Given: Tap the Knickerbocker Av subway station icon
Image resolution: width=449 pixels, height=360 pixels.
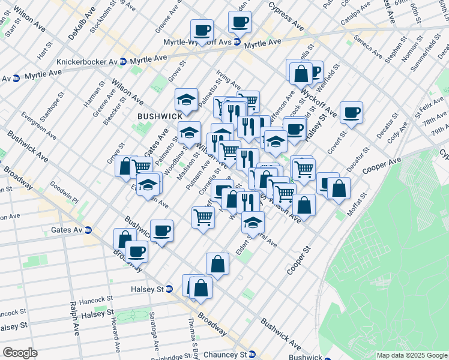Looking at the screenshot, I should [x=123, y=62].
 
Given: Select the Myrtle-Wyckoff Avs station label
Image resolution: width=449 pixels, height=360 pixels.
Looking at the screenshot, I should [x=197, y=42].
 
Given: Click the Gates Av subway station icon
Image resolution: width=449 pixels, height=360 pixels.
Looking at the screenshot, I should [x=88, y=230].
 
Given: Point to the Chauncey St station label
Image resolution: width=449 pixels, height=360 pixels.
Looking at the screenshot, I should [x=225, y=354].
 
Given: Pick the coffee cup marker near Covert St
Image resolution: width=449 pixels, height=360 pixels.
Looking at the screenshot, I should [x=351, y=112].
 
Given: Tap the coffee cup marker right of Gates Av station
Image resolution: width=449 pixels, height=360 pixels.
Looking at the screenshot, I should [x=161, y=231].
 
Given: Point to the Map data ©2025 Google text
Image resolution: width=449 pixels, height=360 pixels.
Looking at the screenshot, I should [x=411, y=355].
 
